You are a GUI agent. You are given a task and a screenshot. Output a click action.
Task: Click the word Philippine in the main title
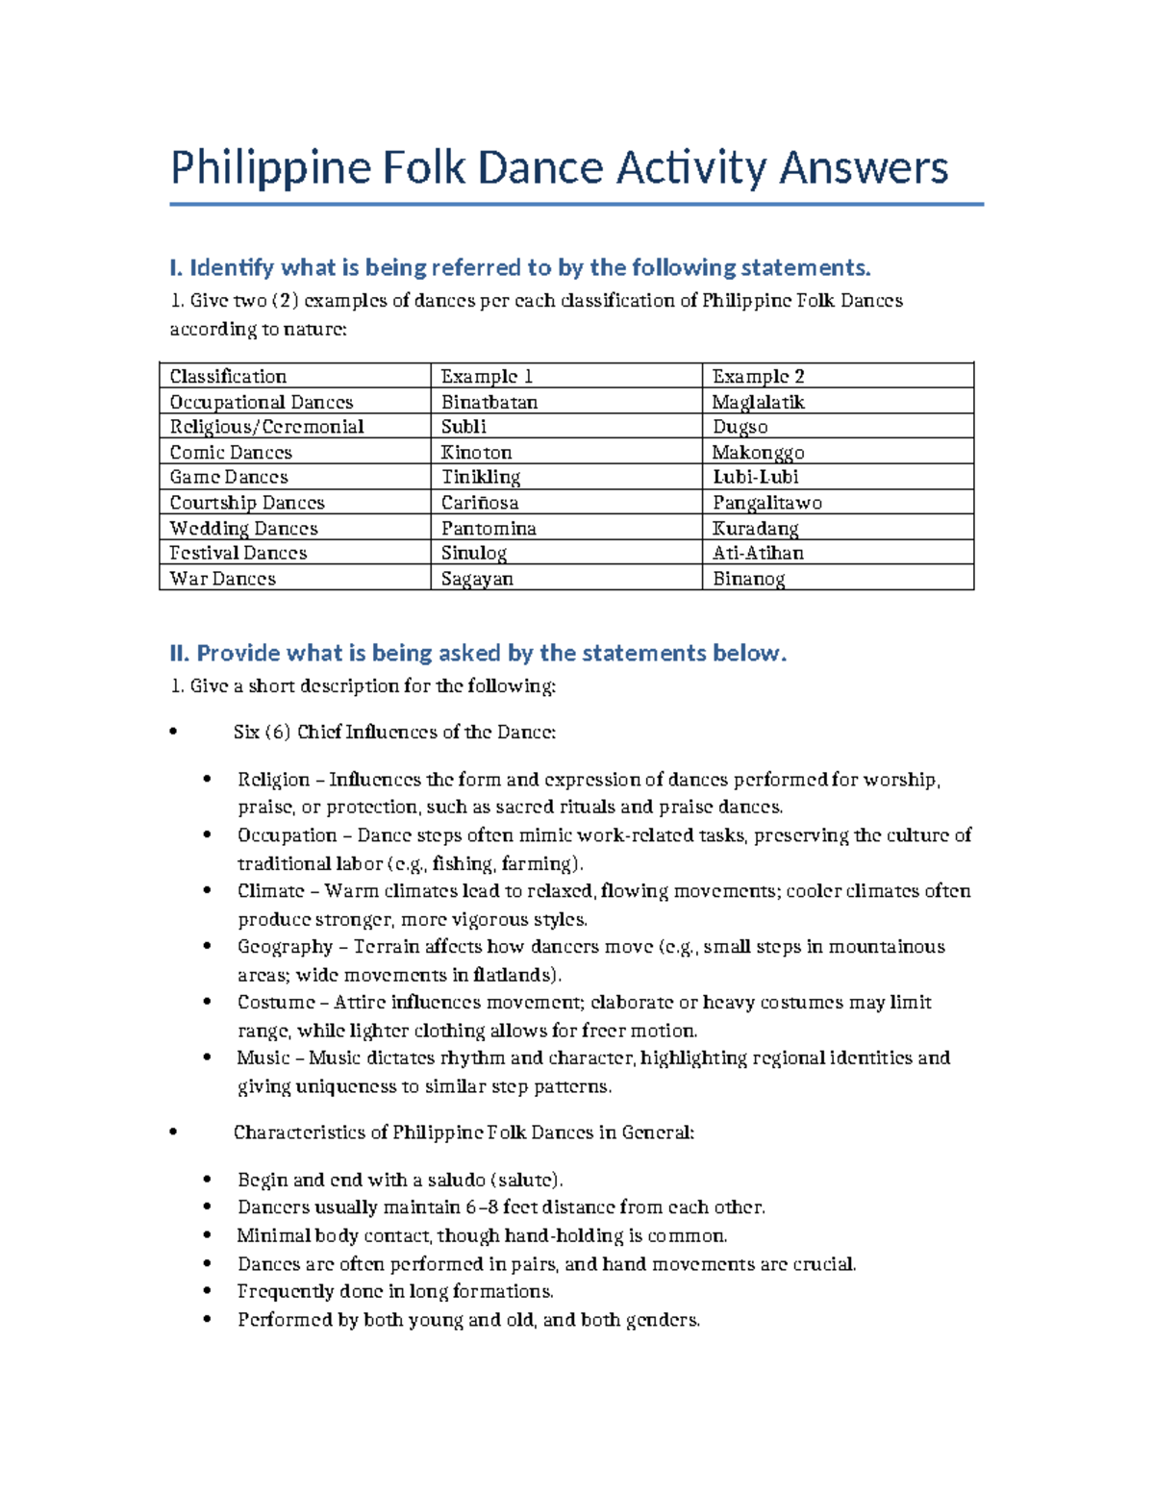coord(269,168)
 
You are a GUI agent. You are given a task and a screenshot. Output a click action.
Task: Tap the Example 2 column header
coord(758,377)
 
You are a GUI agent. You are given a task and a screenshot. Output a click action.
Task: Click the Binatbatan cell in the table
coord(489,402)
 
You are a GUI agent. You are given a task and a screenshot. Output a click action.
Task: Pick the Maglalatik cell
coord(758,402)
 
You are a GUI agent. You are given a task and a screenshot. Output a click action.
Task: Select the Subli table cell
coord(464,427)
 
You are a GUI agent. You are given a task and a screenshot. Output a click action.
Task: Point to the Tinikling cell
coord(480,477)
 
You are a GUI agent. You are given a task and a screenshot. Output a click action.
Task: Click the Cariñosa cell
coord(479,503)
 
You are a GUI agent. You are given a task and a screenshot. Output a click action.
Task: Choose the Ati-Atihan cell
coord(758,553)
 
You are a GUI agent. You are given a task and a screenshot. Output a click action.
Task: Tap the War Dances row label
coord(222,579)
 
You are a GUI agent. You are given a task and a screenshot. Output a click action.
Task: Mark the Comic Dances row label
coord(231,453)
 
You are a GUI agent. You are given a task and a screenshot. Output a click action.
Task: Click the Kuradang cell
coord(755,528)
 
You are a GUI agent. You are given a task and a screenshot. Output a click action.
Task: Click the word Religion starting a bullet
coord(273,780)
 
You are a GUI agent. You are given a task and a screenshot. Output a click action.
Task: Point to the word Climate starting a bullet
coord(270,891)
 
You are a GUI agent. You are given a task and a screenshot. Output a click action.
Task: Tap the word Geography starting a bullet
coord(285,947)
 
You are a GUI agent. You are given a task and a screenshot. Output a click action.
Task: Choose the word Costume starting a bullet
coord(275,1003)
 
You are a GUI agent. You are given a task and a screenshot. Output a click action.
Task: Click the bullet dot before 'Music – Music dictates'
coord(207,1058)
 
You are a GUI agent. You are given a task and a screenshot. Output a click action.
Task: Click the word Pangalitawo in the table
coord(766,503)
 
